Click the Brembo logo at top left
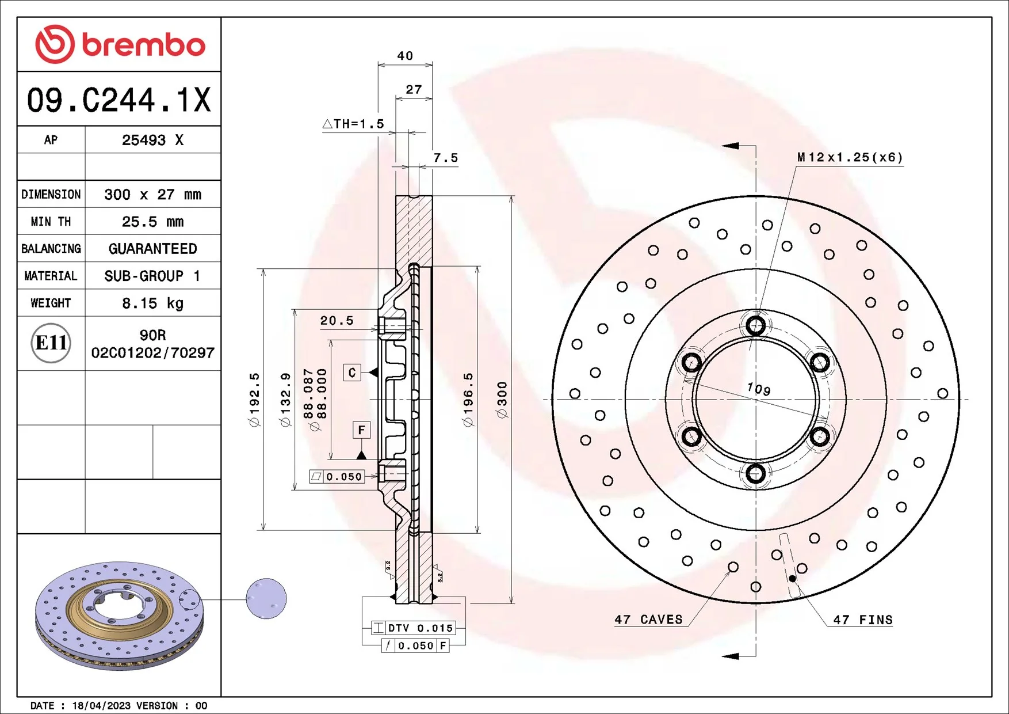(x=120, y=44)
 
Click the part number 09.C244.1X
(x=119, y=100)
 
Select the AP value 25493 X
(x=152, y=140)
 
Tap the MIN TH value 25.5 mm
(x=152, y=222)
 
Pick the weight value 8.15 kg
(x=152, y=303)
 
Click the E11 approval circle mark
(x=51, y=343)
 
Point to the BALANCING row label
(x=51, y=249)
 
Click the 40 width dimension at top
(x=405, y=56)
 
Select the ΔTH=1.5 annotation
(x=354, y=124)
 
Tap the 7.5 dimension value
(x=446, y=158)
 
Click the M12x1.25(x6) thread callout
(x=850, y=157)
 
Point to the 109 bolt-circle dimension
(x=759, y=389)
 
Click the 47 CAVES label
(x=648, y=620)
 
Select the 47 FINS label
(x=863, y=620)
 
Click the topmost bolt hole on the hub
(x=755, y=325)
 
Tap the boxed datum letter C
(x=352, y=373)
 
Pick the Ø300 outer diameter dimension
(x=502, y=400)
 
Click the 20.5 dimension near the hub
(x=337, y=321)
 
